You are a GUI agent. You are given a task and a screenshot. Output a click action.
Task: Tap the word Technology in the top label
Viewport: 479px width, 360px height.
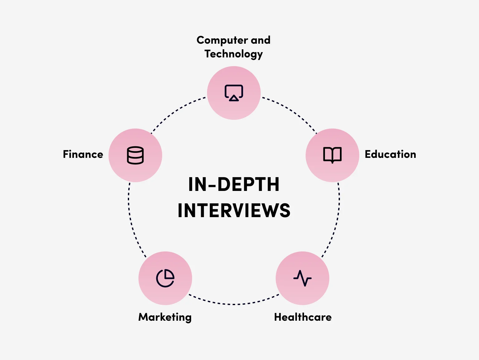point(234,54)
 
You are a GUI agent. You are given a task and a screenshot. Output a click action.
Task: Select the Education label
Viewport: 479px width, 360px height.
point(390,154)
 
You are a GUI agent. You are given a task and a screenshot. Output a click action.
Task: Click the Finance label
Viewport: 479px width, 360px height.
point(83,154)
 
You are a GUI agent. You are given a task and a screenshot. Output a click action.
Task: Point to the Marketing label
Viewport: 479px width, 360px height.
point(165,317)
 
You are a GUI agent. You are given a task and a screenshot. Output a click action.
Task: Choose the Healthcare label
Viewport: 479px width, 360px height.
point(303,317)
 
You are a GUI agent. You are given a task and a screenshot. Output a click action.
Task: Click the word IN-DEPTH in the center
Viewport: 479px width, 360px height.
point(234,184)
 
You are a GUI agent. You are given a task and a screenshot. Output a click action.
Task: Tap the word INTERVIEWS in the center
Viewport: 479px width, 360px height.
point(234,211)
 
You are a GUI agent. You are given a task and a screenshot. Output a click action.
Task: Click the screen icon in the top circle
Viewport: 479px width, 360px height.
point(234,93)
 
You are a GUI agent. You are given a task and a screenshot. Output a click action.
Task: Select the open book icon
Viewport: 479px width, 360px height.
point(332,155)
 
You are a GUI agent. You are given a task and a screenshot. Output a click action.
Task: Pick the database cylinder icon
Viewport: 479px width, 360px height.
point(135,155)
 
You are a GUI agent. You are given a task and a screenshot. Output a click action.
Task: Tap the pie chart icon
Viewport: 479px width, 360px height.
point(165,278)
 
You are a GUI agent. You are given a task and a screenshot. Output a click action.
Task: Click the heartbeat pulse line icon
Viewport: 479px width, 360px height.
point(302,278)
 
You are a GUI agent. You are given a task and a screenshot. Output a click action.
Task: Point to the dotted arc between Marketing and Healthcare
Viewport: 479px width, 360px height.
point(234,304)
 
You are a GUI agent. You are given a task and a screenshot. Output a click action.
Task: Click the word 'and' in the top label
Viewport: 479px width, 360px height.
point(260,41)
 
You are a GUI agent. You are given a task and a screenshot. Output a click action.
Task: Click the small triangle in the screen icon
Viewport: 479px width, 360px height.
point(234,99)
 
